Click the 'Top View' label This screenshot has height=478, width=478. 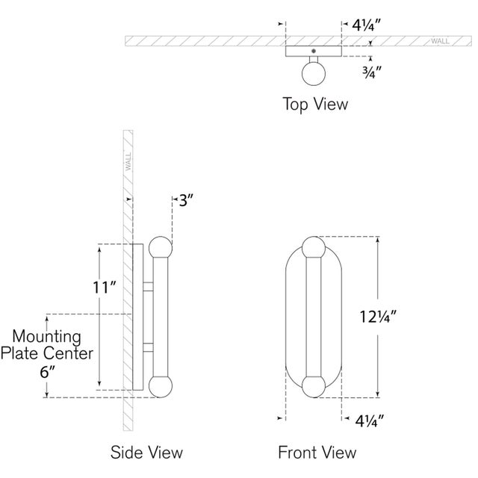point(314,104)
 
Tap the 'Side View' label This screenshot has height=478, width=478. point(146,452)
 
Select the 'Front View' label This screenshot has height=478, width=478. point(317,452)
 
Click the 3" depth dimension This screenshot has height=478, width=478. point(184,199)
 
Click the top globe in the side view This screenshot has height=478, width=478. point(160,248)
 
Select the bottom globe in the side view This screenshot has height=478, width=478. point(160,386)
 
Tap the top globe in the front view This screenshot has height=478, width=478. point(314,248)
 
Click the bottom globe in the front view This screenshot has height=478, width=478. point(314,386)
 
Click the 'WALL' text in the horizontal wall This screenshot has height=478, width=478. point(440,41)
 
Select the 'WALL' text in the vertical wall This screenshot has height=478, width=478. point(128,161)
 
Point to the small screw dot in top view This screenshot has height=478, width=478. point(314,50)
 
